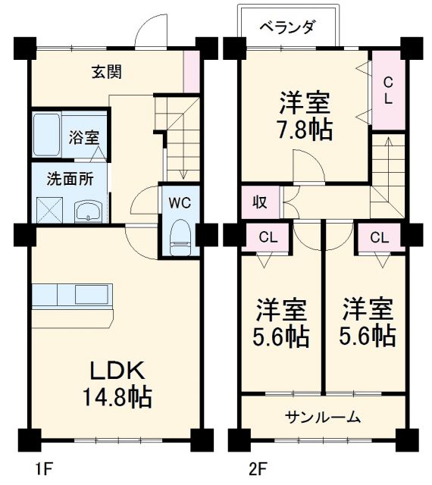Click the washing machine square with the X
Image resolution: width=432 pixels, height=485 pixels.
[51, 208]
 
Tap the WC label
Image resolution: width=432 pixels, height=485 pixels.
[180, 202]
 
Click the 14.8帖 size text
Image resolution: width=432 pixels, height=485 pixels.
[117, 396]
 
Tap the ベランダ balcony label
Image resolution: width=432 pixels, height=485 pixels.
[287, 28]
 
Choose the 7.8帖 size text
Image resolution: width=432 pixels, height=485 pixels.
[304, 130]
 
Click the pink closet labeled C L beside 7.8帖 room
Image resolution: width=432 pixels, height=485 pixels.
[387, 89]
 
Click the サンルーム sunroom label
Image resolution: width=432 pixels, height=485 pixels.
[323, 417]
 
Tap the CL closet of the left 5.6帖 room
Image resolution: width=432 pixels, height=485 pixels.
[268, 236]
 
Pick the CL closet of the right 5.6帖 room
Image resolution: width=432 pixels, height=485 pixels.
[379, 236]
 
